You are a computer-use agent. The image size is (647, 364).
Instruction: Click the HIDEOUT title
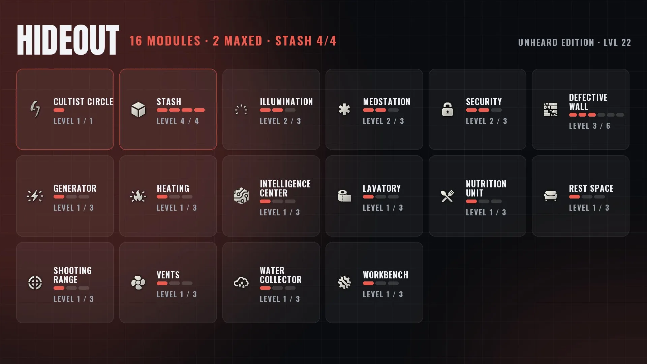(68, 40)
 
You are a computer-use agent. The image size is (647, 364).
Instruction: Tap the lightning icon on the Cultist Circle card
(35, 109)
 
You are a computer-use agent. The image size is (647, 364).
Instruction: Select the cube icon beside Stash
(138, 110)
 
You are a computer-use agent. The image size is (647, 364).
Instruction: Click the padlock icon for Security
(448, 110)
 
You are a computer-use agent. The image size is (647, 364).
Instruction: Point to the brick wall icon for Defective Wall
(551, 110)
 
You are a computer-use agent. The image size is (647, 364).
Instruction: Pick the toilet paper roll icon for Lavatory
(344, 196)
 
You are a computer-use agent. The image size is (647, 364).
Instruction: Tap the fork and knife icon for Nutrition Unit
(448, 196)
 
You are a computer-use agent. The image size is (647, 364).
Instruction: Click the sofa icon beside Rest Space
(551, 196)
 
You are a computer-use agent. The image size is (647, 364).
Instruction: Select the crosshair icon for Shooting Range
(35, 283)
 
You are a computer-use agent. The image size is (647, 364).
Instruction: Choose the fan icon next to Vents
(138, 283)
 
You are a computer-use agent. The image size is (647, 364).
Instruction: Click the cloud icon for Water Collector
(241, 282)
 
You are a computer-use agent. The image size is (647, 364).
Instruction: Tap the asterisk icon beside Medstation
(344, 110)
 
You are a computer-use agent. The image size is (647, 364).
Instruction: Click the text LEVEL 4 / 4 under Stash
(178, 121)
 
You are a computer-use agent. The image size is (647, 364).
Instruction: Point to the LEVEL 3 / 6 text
(590, 126)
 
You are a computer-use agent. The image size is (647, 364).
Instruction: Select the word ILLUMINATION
(286, 102)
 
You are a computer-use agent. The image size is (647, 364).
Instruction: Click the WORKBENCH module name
(386, 275)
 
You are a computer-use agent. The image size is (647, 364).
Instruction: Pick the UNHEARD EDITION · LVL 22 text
(575, 42)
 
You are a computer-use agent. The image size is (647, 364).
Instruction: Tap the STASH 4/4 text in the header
(306, 41)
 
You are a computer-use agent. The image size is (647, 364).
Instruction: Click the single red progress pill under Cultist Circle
(59, 110)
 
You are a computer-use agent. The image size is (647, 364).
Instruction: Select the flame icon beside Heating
(138, 196)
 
